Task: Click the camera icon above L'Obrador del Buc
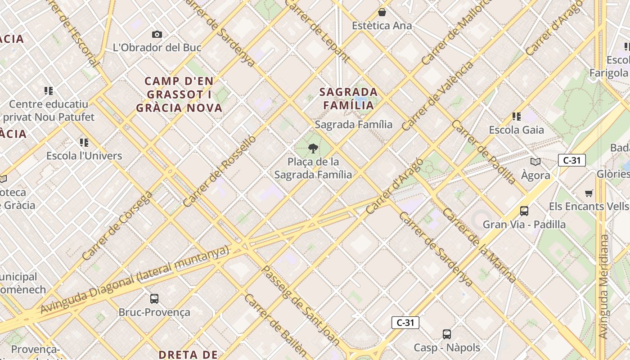tap(157, 34)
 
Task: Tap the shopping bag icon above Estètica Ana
tap(382, 12)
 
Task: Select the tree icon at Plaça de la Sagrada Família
tap(313, 148)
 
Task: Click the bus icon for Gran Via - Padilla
tap(524, 211)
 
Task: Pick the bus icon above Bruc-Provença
tap(154, 298)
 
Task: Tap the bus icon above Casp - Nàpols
tap(446, 334)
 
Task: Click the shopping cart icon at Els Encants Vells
tap(589, 193)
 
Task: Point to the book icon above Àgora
tap(535, 162)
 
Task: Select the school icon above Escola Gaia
tap(516, 117)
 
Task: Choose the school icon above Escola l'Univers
tap(84, 143)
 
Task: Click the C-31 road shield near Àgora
tap(571, 160)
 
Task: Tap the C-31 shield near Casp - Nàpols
tap(405, 323)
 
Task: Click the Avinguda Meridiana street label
tap(603, 287)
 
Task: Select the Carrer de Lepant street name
tap(318, 29)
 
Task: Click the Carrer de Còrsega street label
tap(117, 226)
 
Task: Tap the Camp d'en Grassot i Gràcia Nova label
tap(179, 94)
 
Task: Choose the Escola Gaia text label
tap(516, 130)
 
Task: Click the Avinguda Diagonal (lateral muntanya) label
tap(135, 280)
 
